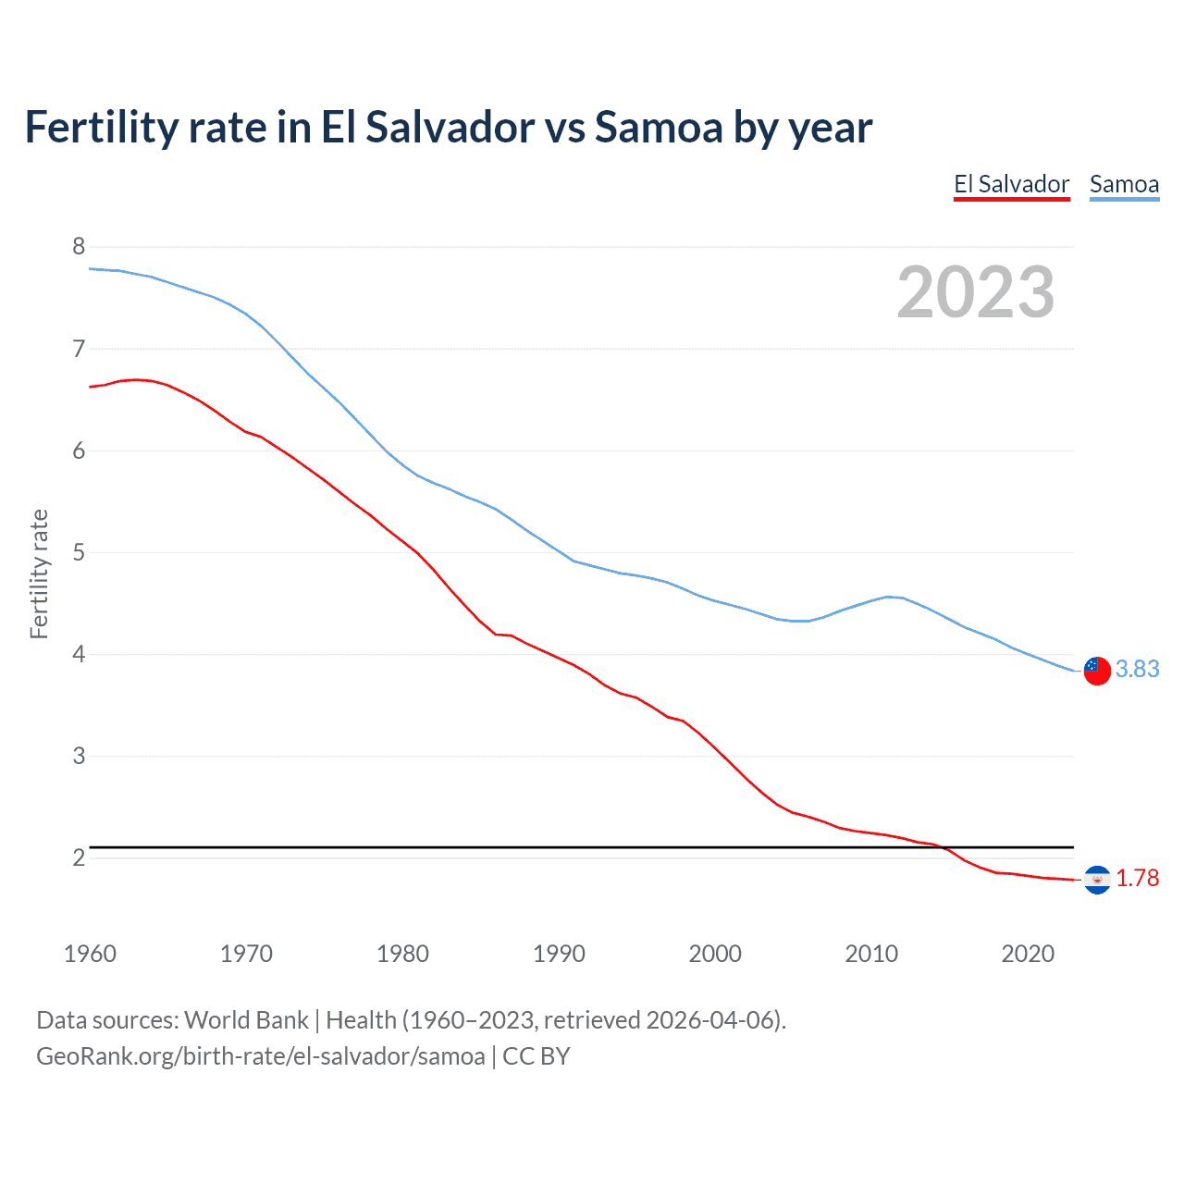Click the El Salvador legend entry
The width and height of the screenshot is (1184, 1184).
click(1011, 184)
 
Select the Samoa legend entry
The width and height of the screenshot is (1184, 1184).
click(1124, 184)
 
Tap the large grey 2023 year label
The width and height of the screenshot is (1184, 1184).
click(976, 292)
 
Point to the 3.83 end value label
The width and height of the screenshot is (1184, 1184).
click(1137, 669)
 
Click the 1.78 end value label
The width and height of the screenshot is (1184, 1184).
click(1137, 878)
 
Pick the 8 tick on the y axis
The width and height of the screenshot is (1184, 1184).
click(79, 246)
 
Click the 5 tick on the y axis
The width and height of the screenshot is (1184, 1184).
click(79, 552)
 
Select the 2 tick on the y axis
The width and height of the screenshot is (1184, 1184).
click(79, 857)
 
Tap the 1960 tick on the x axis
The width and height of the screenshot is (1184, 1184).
click(90, 954)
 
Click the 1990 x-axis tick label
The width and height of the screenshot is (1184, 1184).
click(559, 954)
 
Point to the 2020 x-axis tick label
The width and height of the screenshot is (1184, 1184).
click(1028, 954)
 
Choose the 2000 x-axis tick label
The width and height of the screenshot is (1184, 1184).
click(715, 954)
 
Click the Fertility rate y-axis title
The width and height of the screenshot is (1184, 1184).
click(39, 573)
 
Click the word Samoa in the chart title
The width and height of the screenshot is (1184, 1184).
click(658, 128)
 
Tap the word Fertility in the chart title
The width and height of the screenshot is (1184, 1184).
click(101, 128)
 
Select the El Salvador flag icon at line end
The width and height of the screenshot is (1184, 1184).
click(1097, 880)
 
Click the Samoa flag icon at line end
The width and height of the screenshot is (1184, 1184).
click(1096, 670)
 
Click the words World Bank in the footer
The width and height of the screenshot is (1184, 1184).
click(246, 1020)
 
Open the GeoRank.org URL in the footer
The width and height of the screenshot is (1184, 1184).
click(260, 1056)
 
